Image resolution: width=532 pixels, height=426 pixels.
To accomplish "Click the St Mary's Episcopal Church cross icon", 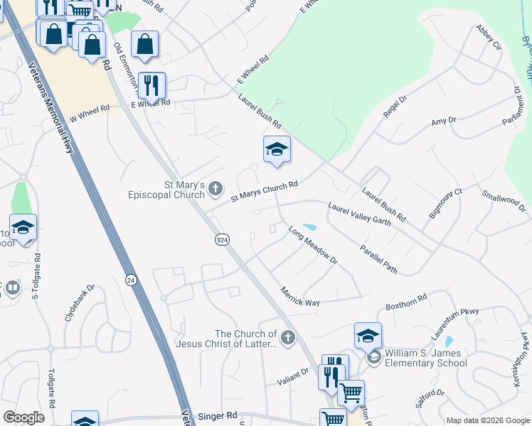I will coord(216,188).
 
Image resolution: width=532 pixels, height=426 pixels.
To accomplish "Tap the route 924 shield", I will coord(223,240).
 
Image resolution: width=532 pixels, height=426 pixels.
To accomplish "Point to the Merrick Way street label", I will coord(299,297).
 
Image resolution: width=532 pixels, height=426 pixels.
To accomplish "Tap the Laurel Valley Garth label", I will coord(360,214).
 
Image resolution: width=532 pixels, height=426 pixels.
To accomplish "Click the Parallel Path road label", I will coord(378,260).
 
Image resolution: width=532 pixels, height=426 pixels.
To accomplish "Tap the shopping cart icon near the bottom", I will coord(350,393).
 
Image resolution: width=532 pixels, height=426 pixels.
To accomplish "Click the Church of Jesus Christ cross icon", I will coord(288,338).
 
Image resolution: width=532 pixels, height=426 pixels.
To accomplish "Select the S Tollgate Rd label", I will coord(36,276).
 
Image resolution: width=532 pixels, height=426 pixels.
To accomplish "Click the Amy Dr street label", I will coord(443,121).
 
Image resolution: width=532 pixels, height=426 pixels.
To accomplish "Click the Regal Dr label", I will coord(393,110).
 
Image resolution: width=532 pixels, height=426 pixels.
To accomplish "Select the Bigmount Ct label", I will coord(445,203).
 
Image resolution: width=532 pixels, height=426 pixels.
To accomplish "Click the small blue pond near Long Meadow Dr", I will coord(309,228).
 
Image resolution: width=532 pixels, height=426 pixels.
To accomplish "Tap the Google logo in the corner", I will coord(23,417).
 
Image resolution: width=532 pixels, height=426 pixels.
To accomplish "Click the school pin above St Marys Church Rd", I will coord(277,150).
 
